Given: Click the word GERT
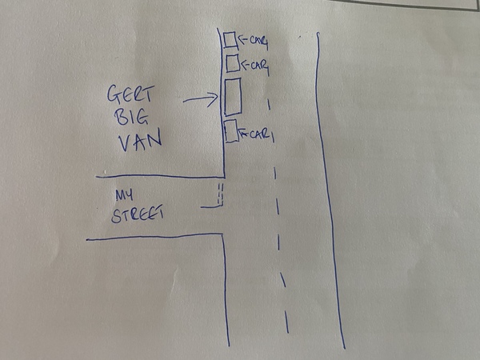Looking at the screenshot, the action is [130, 94].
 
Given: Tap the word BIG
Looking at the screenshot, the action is [131, 117].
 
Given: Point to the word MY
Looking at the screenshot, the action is [124, 195].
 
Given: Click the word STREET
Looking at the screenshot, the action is [137, 214].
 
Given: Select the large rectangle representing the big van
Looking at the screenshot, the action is [234, 97].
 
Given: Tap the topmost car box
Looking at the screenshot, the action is [230, 40].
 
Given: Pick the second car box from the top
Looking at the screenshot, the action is [233, 63].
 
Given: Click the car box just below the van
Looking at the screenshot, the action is [231, 131].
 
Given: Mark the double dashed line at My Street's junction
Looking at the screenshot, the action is [221, 194].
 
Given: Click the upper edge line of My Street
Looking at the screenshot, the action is [160, 176].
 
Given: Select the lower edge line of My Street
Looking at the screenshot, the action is [154, 236].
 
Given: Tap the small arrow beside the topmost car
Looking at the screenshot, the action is [243, 39].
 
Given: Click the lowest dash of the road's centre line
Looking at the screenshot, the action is [286, 322].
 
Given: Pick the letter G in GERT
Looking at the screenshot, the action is [114, 94].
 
